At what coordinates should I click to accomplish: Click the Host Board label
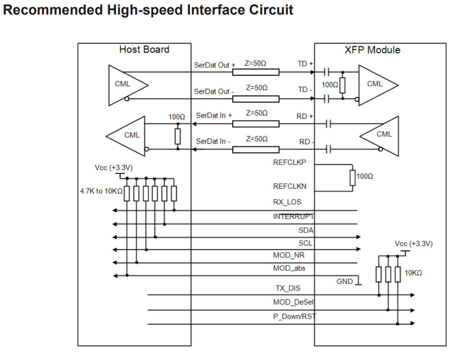[x=144, y=50]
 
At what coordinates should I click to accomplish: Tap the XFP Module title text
[x=372, y=50]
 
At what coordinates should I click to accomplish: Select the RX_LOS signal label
[x=287, y=202]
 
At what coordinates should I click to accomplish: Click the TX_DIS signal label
[x=288, y=288]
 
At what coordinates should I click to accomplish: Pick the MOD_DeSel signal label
[x=293, y=302]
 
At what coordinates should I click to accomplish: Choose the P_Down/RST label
[x=294, y=316]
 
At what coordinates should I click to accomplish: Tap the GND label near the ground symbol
[x=344, y=281]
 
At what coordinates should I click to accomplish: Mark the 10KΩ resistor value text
[x=413, y=273]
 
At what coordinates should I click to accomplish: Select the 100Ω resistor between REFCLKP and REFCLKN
[x=353, y=177]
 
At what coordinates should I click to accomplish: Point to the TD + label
[x=305, y=64]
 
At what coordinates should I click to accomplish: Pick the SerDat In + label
[x=214, y=116]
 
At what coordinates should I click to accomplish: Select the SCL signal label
[x=305, y=243]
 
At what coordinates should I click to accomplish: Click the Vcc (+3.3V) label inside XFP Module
[x=413, y=244]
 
